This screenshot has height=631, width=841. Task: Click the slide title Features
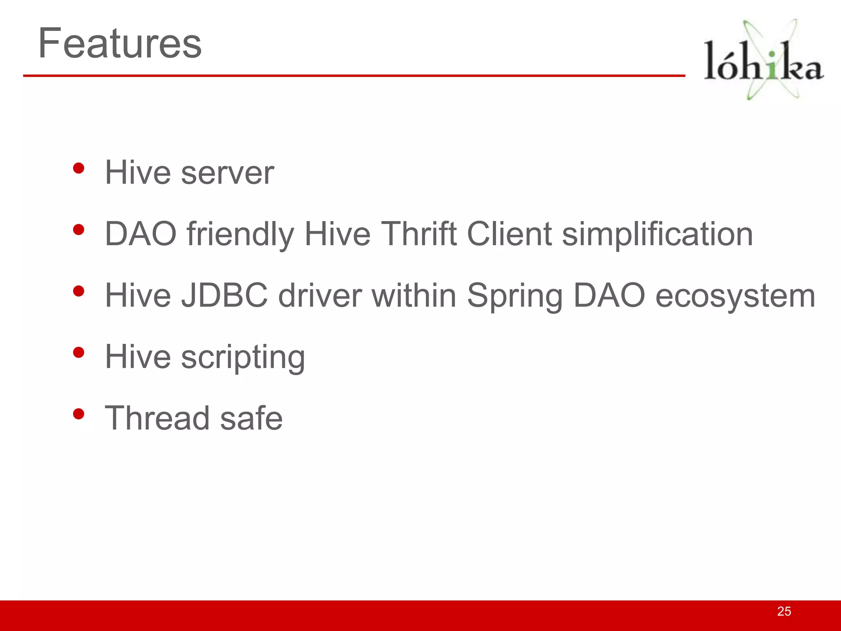point(119,43)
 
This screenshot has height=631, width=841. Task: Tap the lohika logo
point(763,60)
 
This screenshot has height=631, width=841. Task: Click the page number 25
point(784,611)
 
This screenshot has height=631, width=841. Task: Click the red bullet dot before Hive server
point(78,168)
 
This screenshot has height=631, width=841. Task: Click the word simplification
point(657,235)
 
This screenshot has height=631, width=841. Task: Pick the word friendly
point(240,235)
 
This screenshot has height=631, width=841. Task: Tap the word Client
point(509,234)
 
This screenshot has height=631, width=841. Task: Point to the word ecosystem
point(735,296)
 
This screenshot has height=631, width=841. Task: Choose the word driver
point(320,295)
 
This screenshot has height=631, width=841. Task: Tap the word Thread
point(158,418)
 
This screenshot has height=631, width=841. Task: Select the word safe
point(251,418)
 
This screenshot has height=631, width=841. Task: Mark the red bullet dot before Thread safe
point(78,414)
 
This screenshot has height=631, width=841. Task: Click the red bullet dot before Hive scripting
point(78,352)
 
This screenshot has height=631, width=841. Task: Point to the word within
point(414,295)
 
